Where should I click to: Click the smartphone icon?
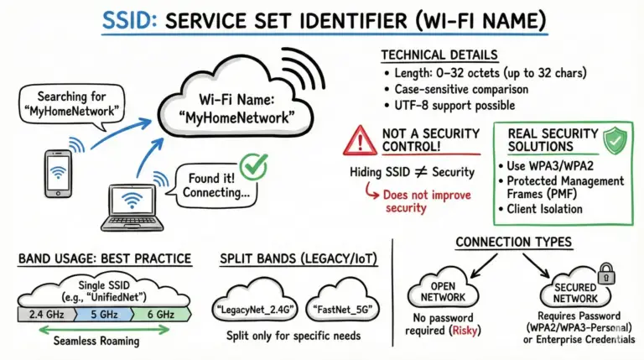[56, 175]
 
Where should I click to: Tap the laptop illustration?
[130, 208]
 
